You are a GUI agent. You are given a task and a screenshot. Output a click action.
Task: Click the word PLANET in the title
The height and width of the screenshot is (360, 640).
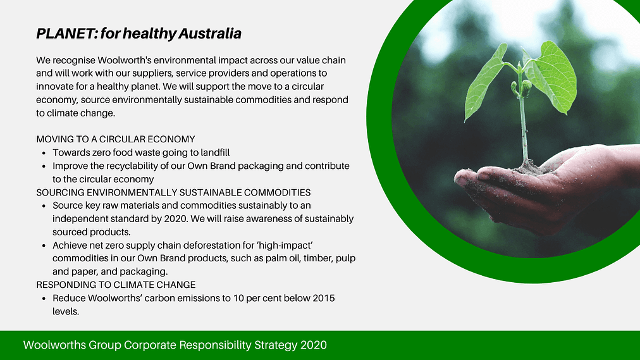pos(65,34)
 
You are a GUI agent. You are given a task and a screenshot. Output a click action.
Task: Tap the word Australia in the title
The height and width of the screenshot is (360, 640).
pos(210,34)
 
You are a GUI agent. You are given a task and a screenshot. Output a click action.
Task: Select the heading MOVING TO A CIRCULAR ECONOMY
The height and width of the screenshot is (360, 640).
pos(116,139)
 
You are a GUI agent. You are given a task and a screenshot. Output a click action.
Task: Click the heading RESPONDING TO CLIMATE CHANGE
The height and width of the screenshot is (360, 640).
pos(116,285)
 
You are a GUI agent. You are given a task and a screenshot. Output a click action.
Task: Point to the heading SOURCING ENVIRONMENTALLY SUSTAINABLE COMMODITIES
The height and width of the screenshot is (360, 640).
pos(173,192)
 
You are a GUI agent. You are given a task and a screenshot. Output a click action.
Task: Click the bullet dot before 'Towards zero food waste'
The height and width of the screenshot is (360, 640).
pos(44,153)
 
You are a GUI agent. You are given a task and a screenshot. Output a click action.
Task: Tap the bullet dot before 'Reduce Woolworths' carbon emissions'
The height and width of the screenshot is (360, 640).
pos(44,299)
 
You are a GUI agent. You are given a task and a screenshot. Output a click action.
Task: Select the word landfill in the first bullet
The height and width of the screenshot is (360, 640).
pos(215,152)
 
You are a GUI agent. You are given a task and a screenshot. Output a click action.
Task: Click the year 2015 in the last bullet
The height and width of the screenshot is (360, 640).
pos(324,298)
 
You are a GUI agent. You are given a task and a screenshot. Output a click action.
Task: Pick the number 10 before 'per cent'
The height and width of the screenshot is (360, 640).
pos(238,298)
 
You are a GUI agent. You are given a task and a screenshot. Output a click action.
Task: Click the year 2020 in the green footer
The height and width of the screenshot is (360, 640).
pos(314,345)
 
